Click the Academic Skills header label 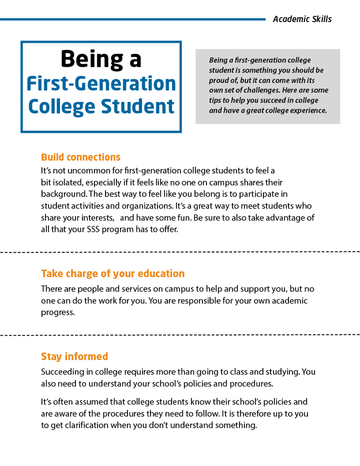pyautogui.click(x=302, y=19)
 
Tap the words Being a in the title pyautogui.click(x=101, y=59)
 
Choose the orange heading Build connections pyautogui.click(x=80, y=157)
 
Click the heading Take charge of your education pyautogui.click(x=112, y=273)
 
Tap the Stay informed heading pyautogui.click(x=74, y=356)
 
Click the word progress pyautogui.click(x=57, y=312)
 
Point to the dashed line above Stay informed pyautogui.click(x=180, y=333)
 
